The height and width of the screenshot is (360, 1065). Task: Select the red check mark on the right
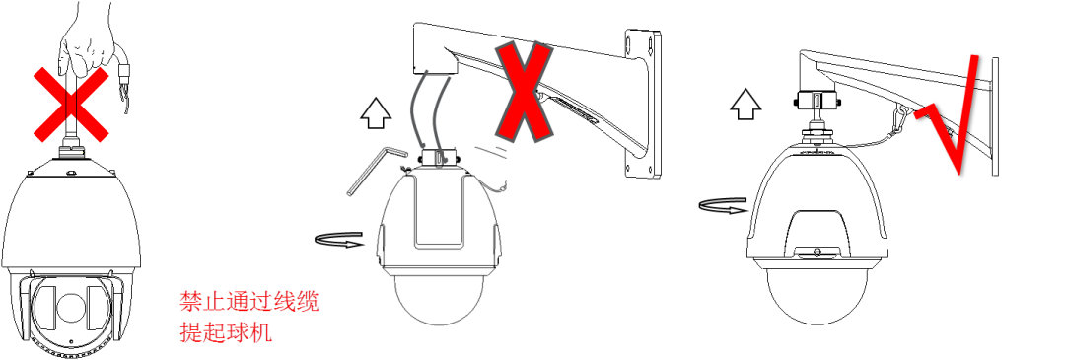tap(952, 117)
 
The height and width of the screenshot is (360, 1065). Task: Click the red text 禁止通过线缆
tap(248, 301)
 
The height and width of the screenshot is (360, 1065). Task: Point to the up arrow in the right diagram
tap(746, 101)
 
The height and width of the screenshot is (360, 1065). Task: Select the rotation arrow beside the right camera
tap(722, 206)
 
